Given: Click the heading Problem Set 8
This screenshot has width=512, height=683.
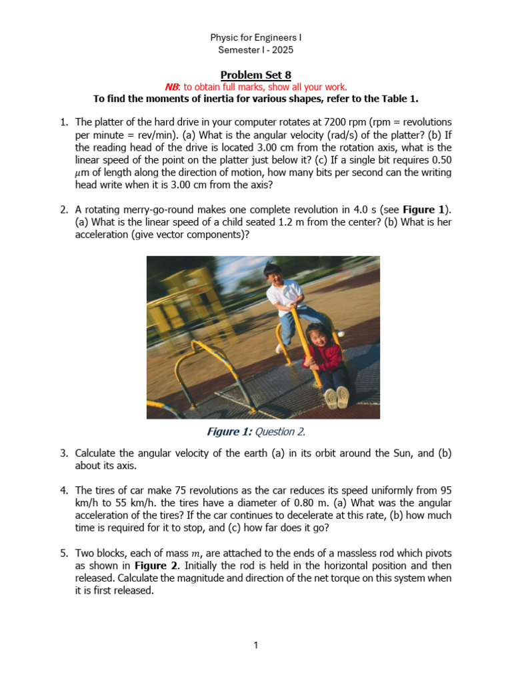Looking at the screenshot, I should point(255,74).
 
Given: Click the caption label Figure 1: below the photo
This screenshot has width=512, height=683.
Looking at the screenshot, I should point(229,432).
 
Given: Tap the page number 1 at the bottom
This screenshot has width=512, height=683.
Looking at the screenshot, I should point(255,645).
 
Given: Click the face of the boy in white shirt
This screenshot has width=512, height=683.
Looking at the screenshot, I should point(274,273).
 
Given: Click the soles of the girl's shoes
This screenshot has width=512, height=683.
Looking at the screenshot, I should point(337,398).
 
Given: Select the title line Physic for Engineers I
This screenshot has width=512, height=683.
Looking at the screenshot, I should point(255,37).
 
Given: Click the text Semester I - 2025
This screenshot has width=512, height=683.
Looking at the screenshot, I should point(255,50).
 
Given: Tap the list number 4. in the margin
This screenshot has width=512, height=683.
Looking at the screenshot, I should point(64,490).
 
